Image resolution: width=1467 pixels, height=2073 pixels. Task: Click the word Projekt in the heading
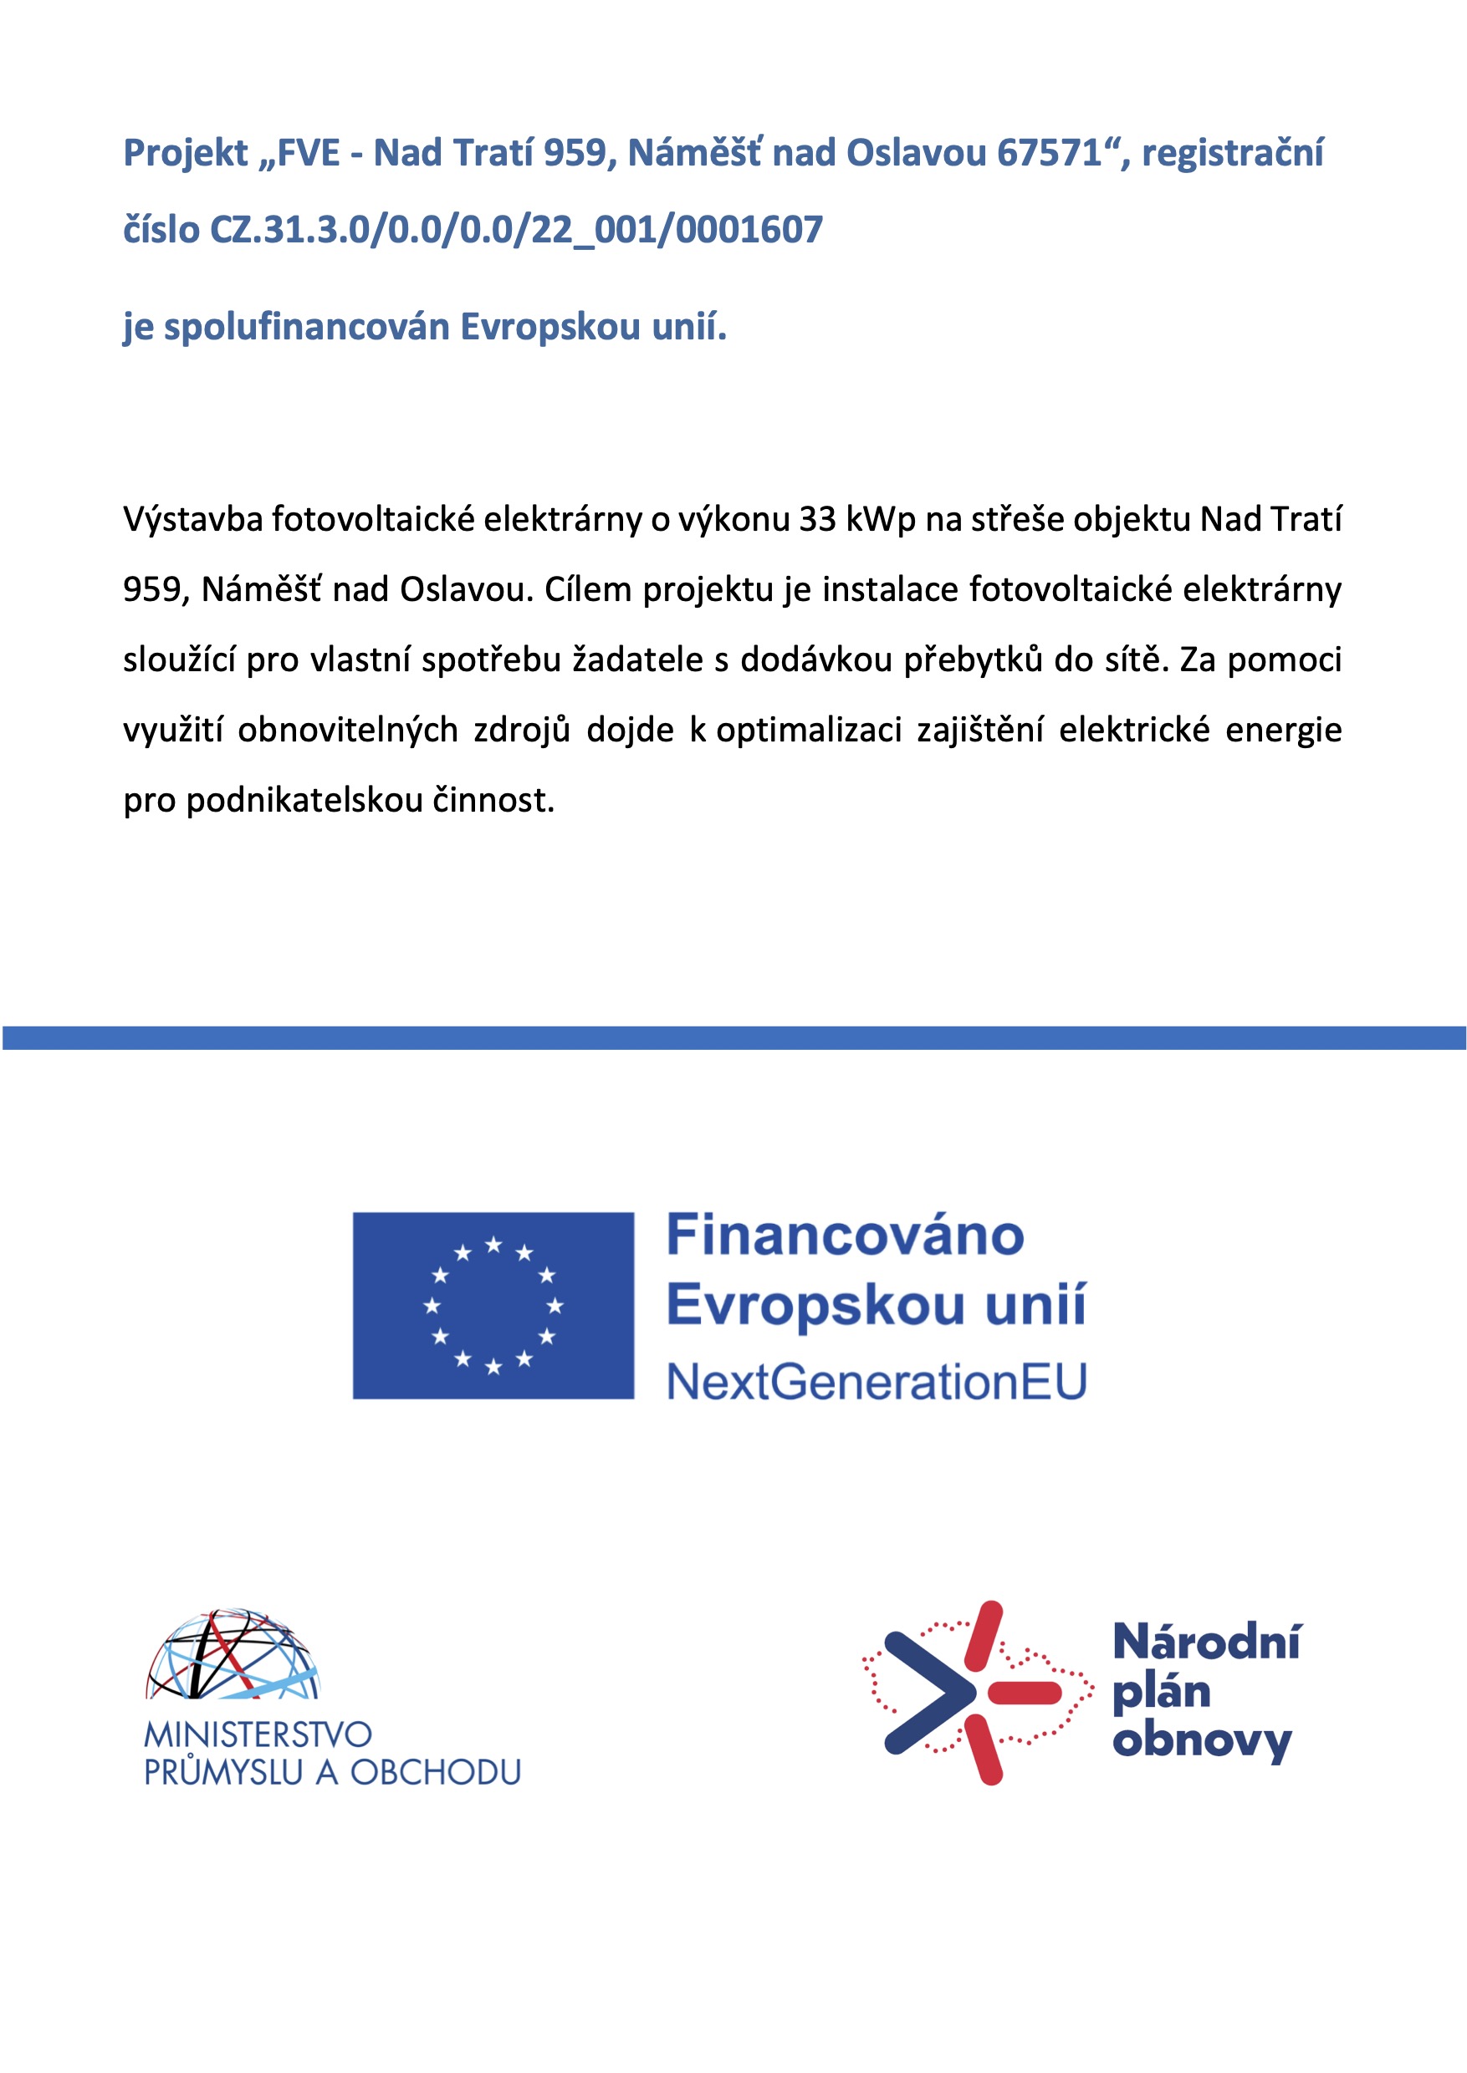pyautogui.click(x=185, y=154)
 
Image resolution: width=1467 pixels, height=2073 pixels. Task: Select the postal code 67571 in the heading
pyautogui.click(x=1050, y=154)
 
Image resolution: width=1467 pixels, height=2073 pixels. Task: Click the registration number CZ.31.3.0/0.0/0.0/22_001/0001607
pyautogui.click(x=516, y=230)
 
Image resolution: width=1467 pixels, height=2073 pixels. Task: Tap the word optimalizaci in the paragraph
pyautogui.click(x=809, y=731)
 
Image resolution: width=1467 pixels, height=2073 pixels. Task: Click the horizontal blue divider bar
pyautogui.click(x=733, y=1038)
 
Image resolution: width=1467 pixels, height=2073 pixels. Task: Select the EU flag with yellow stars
pyautogui.click(x=493, y=1306)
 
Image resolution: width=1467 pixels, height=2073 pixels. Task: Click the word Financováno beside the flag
pyautogui.click(x=845, y=1235)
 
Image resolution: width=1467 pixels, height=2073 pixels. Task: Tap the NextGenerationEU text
pyautogui.click(x=877, y=1383)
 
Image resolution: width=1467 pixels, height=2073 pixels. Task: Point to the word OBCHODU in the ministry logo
pyautogui.click(x=436, y=1772)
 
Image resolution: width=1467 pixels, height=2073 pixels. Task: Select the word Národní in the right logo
pyautogui.click(x=1207, y=1643)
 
